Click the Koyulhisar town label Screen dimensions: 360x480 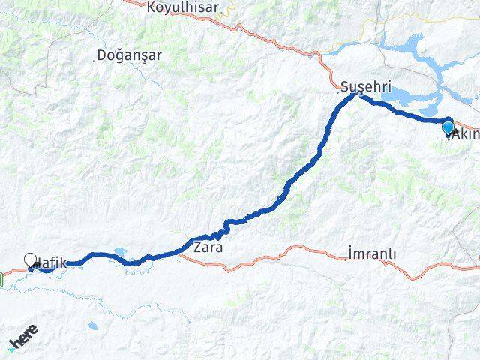[183, 7]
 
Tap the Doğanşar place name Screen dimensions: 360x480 [129, 55]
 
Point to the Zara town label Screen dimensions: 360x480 [208, 247]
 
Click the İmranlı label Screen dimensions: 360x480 [372, 253]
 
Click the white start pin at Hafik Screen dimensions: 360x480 [31, 259]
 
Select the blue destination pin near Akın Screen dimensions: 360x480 [448, 127]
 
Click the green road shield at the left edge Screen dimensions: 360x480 [2, 280]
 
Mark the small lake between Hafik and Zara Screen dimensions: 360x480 [120, 253]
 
